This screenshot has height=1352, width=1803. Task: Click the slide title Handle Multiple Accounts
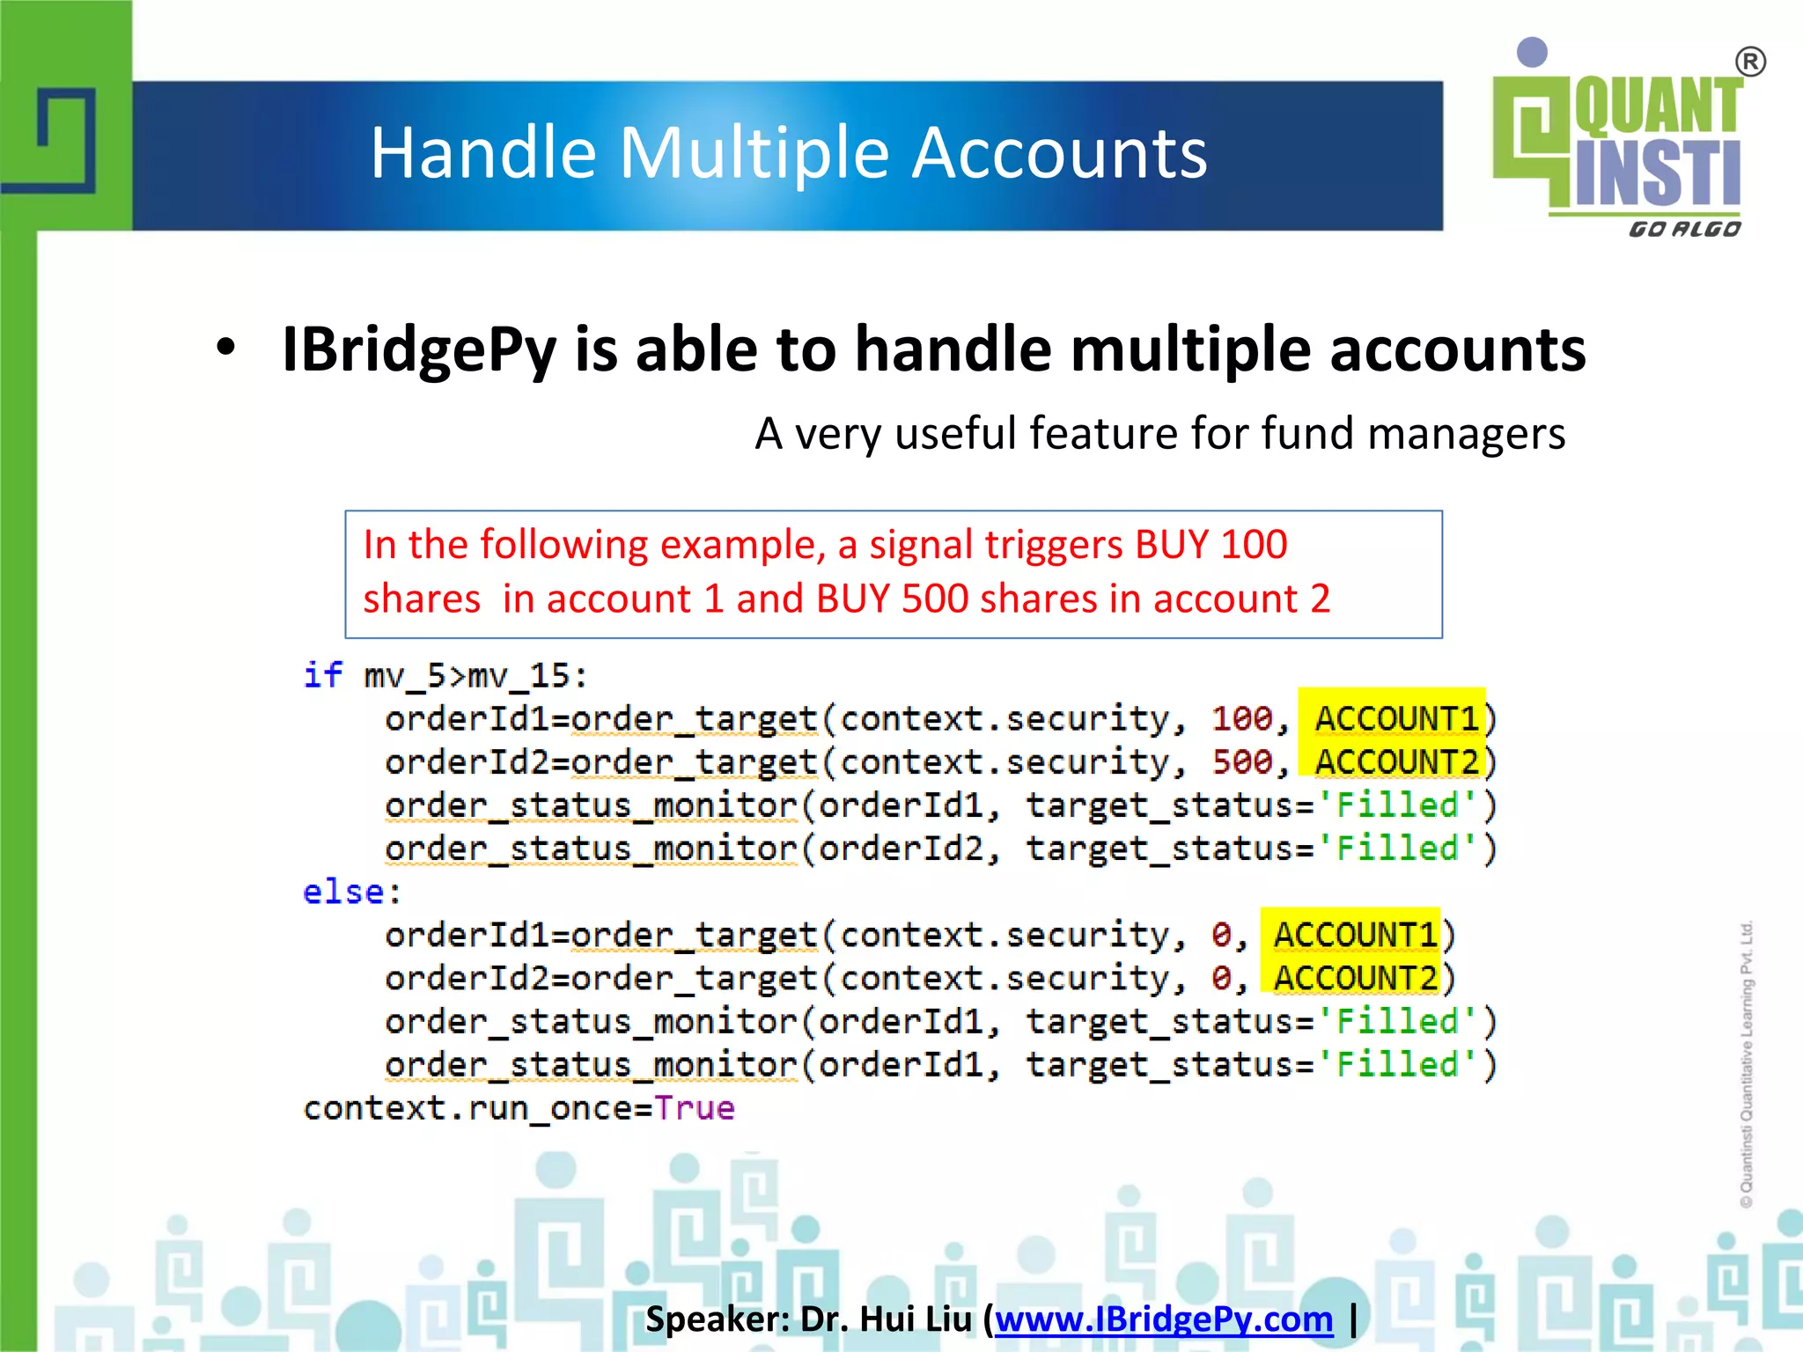[x=788, y=153]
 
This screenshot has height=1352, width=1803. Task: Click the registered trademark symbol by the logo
[x=1750, y=62]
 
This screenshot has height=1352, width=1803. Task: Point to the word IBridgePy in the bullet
[x=419, y=349]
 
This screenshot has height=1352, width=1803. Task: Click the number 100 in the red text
[x=1254, y=545]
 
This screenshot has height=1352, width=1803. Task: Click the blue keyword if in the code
[x=322, y=675]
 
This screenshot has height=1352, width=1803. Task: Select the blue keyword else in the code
[x=343, y=892]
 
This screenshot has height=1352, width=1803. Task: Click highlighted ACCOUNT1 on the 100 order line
[x=1396, y=719]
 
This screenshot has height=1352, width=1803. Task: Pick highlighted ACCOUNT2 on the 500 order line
[x=1396, y=762]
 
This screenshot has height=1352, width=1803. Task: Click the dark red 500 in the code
[x=1242, y=762]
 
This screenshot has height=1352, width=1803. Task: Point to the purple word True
[x=694, y=1108]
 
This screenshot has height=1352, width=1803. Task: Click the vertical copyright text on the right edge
[x=1747, y=1065]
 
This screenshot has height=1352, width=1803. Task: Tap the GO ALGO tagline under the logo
[x=1684, y=230]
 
